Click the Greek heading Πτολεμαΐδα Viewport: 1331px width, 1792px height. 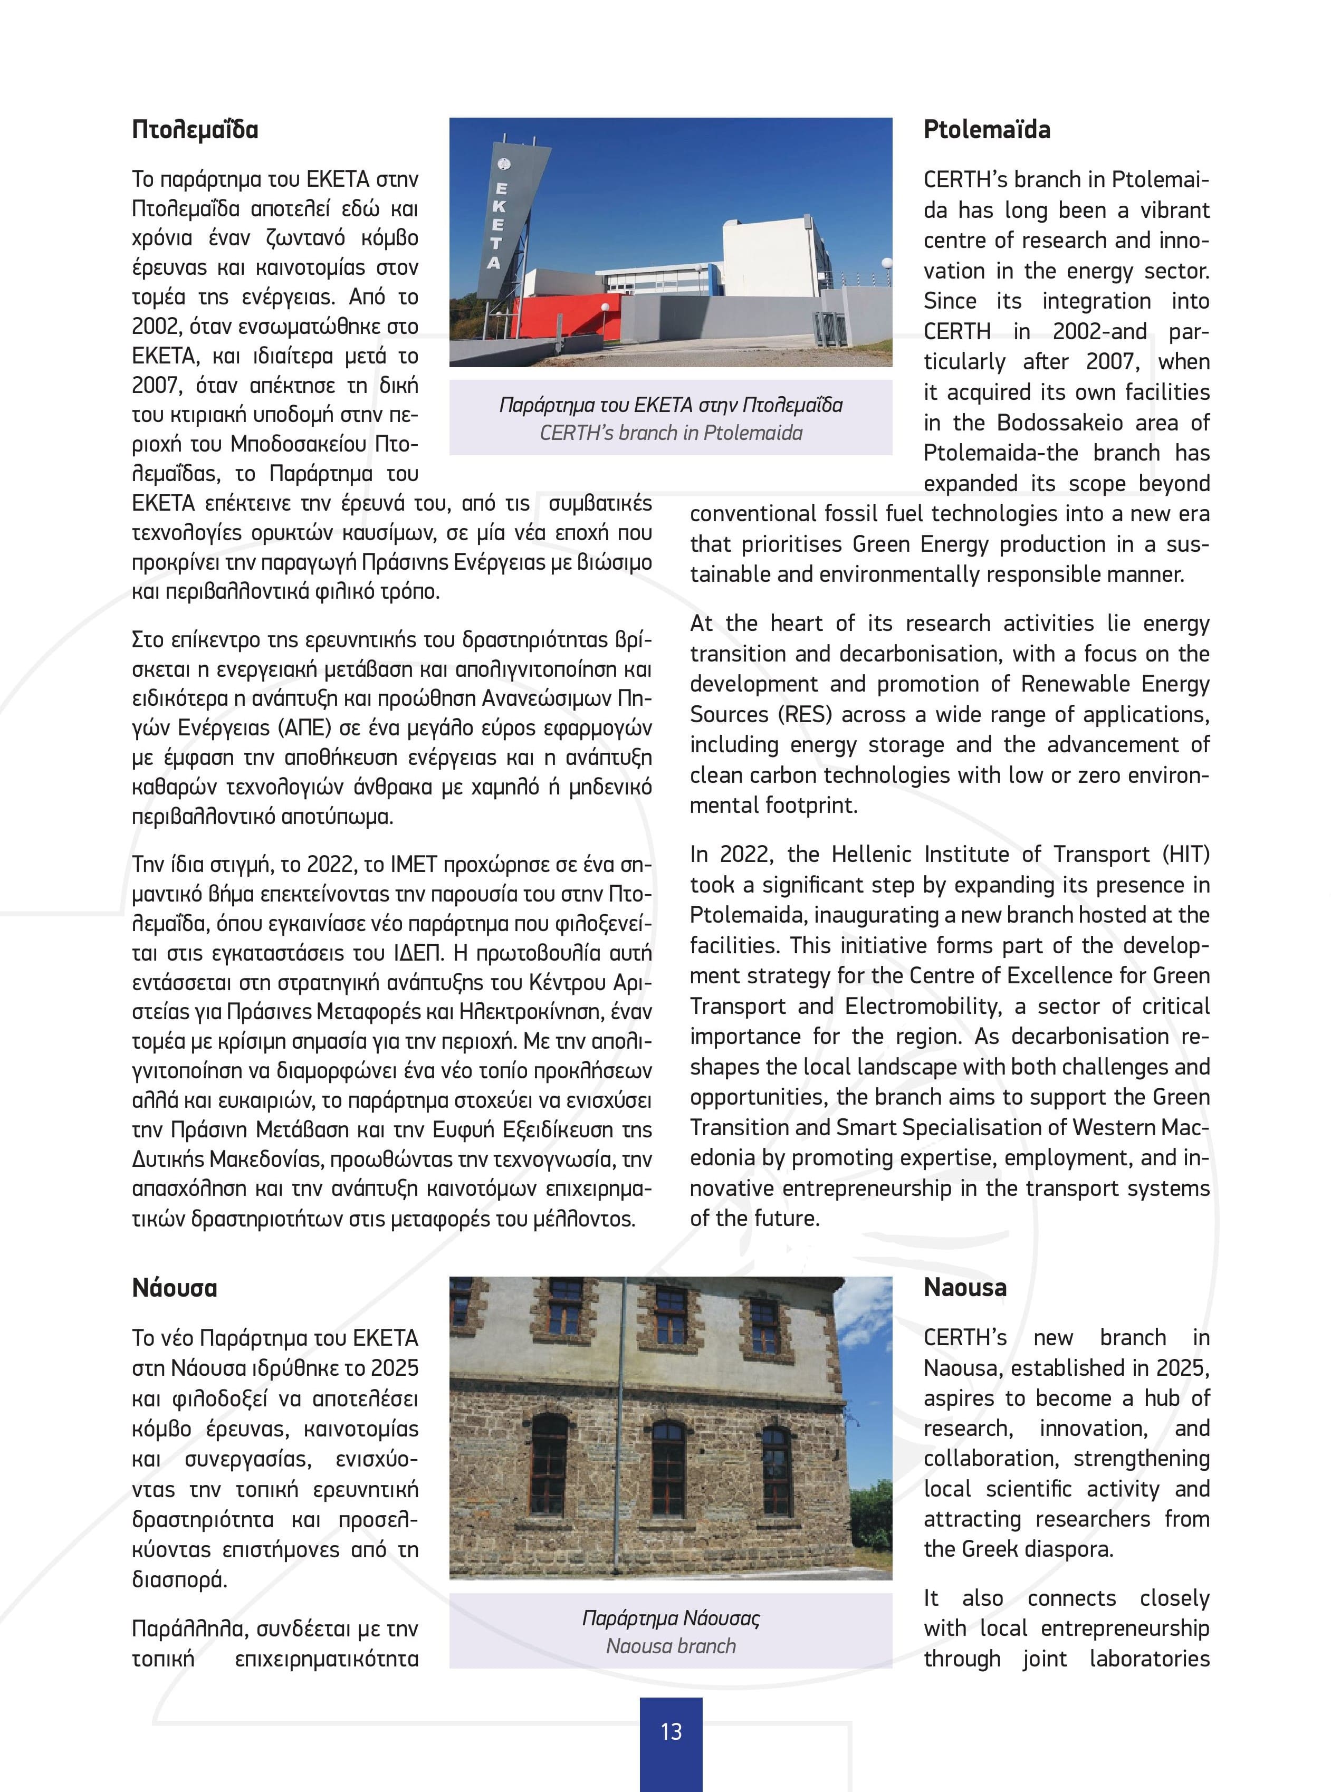[x=195, y=130]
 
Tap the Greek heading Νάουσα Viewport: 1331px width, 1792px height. [x=174, y=1288]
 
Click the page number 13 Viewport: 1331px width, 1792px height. [x=671, y=1731]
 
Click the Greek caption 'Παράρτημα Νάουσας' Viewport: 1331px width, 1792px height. [x=671, y=1618]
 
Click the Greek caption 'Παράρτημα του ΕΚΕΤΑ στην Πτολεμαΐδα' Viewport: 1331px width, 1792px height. [x=671, y=405]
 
